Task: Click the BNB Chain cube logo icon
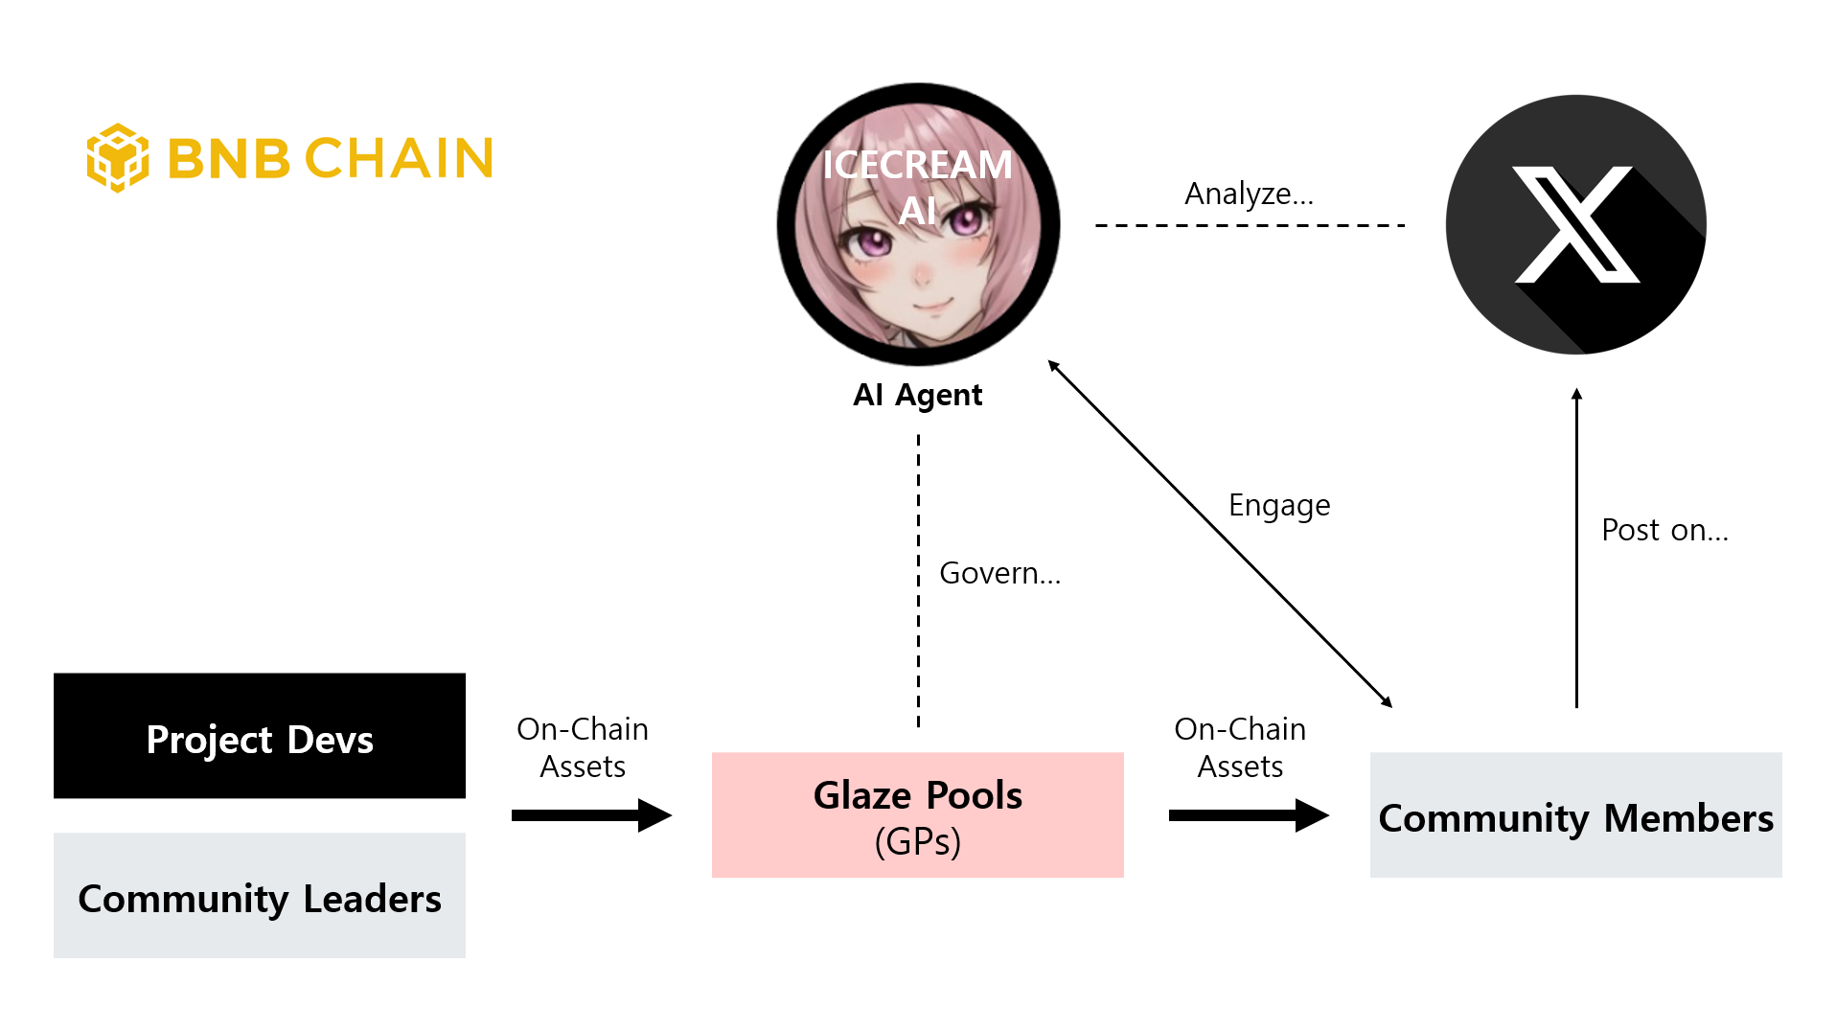[x=117, y=158]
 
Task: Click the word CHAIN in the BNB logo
[x=399, y=159]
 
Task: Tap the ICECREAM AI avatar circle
[x=917, y=225]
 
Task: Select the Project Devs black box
[x=260, y=736]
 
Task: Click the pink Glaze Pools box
[x=917, y=814]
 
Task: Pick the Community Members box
[x=1575, y=815]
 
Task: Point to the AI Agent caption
[x=917, y=395]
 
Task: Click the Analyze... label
[x=1249, y=194]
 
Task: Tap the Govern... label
[x=999, y=573]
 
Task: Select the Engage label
[x=1278, y=505]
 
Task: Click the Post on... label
[x=1664, y=530]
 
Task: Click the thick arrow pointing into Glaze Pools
[x=591, y=815]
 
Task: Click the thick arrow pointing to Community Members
[x=1248, y=815]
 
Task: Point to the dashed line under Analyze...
[x=1250, y=225]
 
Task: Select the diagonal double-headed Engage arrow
[x=1219, y=534]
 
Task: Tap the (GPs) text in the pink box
[x=917, y=842]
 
